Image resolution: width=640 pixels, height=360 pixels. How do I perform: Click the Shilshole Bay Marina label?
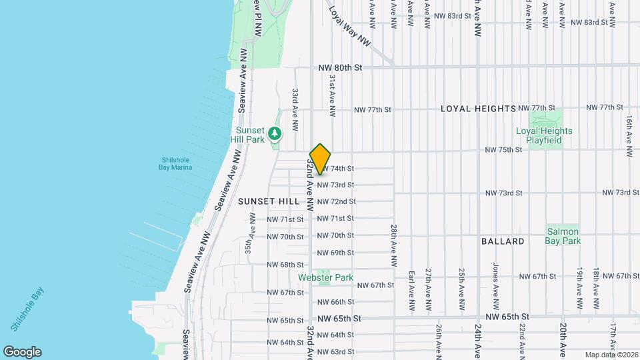pos(177,163)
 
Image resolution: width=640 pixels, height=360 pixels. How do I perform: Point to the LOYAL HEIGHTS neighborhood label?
pos(478,109)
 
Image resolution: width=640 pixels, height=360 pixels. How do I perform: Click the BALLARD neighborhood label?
pos(503,241)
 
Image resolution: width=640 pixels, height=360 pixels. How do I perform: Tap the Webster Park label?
pos(325,277)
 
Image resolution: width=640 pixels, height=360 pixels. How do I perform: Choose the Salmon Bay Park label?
pos(563,236)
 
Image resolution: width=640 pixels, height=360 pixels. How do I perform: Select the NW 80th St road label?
pos(339,67)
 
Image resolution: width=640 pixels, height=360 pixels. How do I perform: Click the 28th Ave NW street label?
pos(395,239)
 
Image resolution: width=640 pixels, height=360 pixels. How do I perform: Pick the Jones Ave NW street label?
pos(495,274)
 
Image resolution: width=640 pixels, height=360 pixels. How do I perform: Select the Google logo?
pos(22,352)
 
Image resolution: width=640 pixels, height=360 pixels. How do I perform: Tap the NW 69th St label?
pos(335,253)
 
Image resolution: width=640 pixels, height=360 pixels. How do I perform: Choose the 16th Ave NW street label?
pos(629,136)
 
